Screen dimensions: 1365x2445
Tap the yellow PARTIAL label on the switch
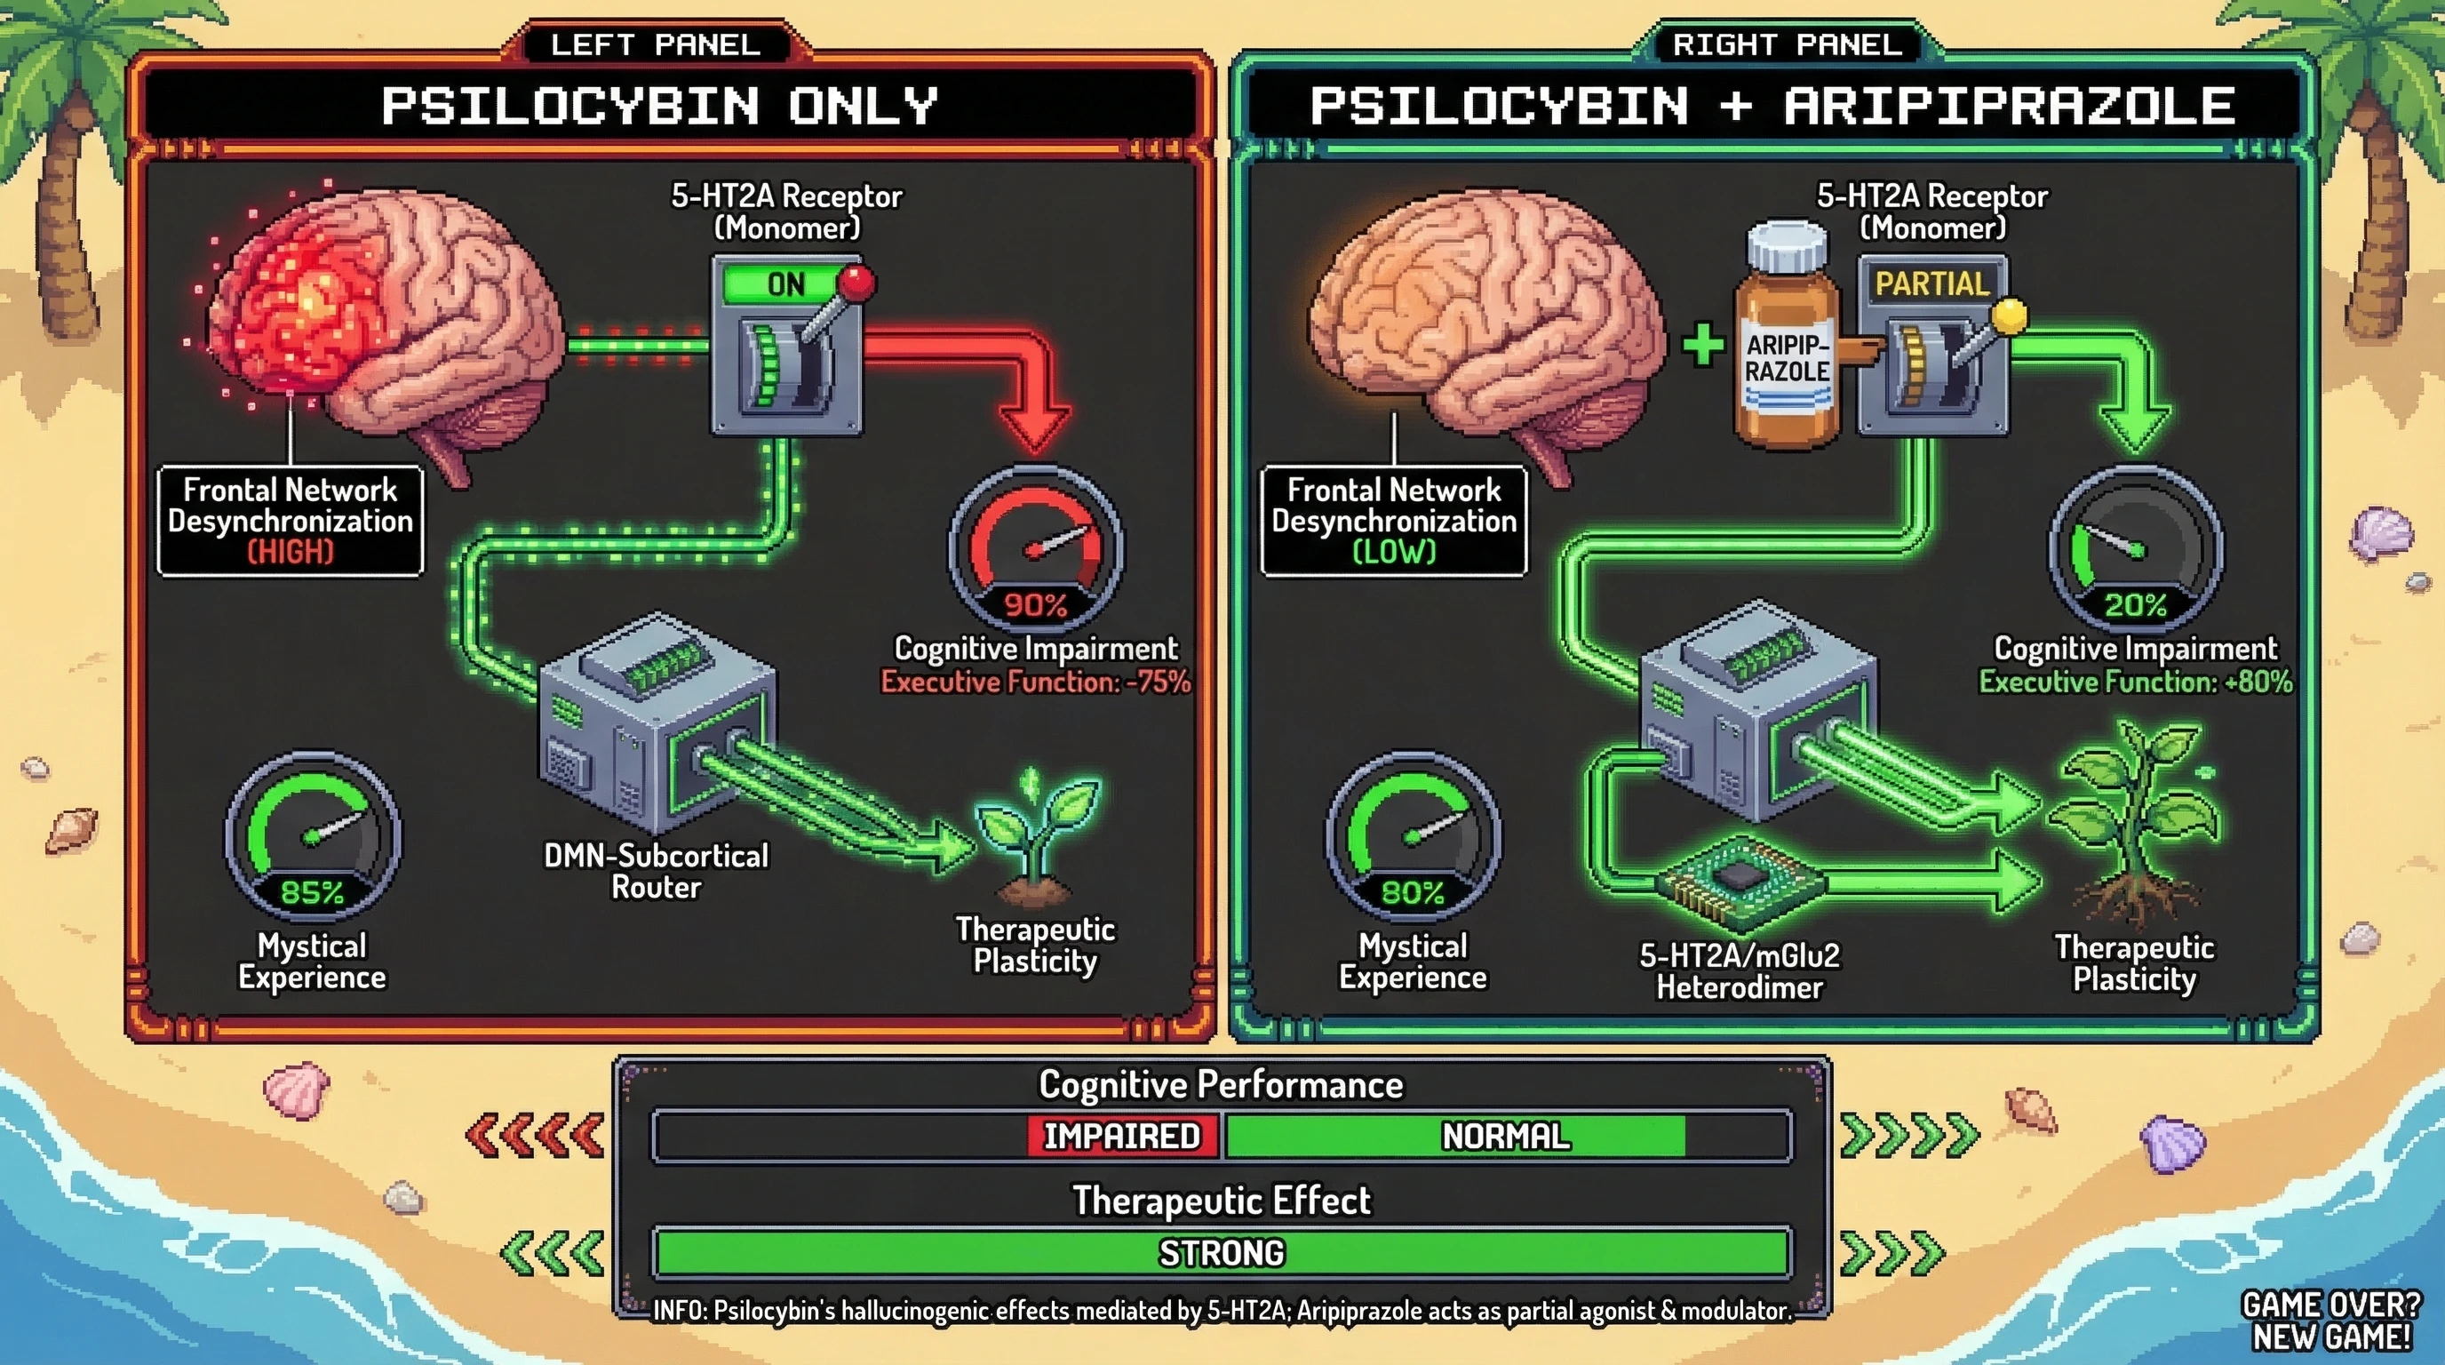coord(1931,283)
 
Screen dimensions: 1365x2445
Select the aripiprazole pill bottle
coord(1787,342)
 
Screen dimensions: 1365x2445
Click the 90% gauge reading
coord(1034,604)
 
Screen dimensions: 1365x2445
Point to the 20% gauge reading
coord(2135,604)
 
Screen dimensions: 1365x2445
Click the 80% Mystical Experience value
coord(1413,892)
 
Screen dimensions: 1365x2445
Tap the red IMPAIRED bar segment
coord(1122,1137)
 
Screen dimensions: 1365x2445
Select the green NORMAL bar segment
coord(1504,1137)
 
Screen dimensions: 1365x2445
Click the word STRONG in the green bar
coord(1222,1253)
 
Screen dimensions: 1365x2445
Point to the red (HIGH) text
coord(291,552)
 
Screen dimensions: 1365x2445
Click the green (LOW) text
coord(1393,552)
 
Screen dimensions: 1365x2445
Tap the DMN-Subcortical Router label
coord(656,872)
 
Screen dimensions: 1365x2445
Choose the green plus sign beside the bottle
coord(1704,344)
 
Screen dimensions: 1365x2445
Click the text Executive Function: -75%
coord(1034,682)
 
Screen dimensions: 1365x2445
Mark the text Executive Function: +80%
coord(2135,682)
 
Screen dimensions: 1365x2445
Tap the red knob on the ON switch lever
coord(857,282)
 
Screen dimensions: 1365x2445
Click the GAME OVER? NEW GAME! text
coord(2331,1321)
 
